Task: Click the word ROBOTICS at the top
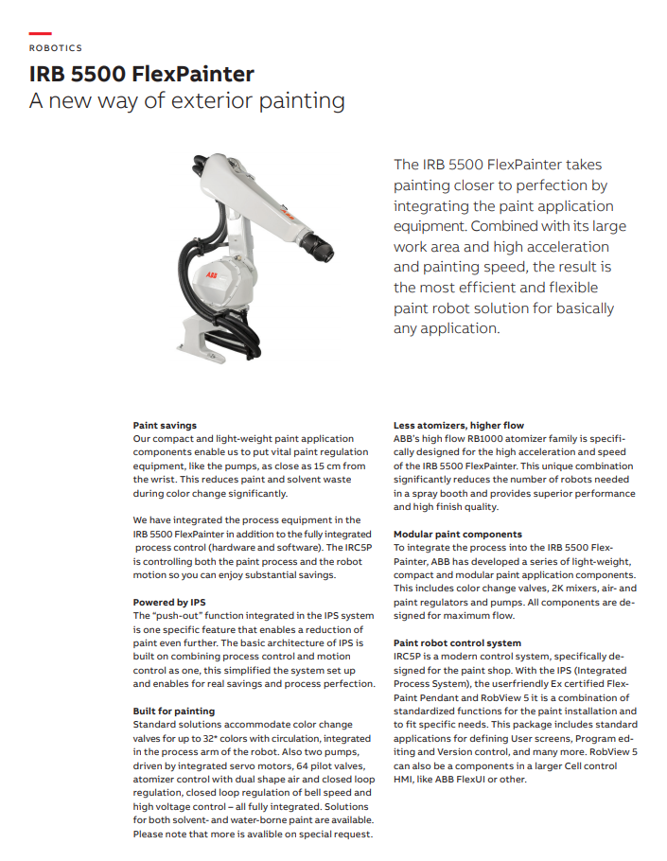click(x=55, y=47)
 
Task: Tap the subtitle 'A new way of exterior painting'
click(x=186, y=101)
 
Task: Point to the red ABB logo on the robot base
click(x=211, y=274)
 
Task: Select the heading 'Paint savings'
click(x=165, y=426)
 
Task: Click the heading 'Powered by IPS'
click(x=169, y=603)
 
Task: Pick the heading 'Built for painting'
click(x=174, y=712)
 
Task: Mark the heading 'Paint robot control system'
click(x=457, y=643)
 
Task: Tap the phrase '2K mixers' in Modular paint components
click(x=540, y=589)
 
